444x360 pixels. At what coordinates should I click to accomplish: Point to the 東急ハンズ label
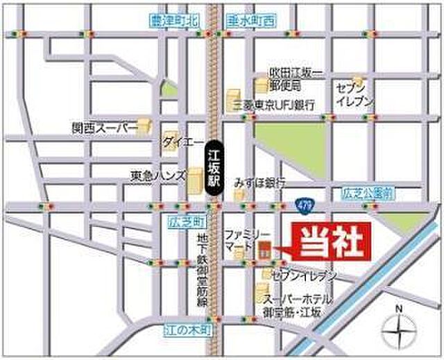coord(157,176)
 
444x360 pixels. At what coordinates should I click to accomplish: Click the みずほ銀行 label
coord(261,182)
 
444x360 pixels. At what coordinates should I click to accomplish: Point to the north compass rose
coord(398,327)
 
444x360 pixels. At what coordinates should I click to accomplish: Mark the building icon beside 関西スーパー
coord(144,126)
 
